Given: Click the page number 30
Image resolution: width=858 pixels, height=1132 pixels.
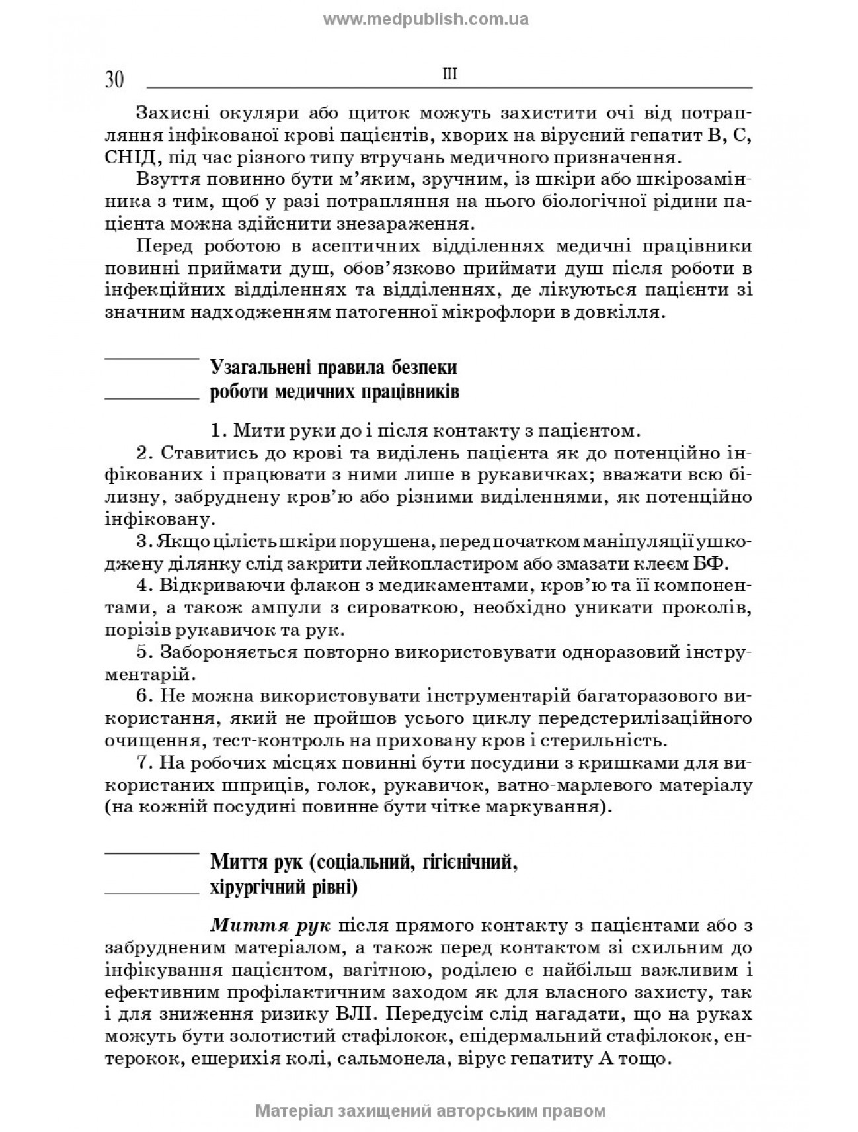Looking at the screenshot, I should pyautogui.click(x=114, y=80).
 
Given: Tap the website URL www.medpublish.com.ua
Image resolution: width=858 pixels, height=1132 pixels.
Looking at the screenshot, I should pyautogui.click(x=426, y=19).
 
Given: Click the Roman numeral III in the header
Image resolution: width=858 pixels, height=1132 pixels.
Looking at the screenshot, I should pyautogui.click(x=449, y=75).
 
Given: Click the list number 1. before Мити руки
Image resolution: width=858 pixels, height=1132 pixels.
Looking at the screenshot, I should pyautogui.click(x=219, y=431).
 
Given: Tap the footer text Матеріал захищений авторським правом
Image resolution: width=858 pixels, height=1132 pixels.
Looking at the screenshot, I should pyautogui.click(x=430, y=1111).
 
